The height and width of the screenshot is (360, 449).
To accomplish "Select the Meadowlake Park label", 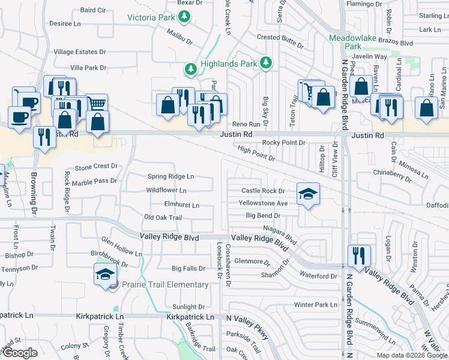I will pos(354,41).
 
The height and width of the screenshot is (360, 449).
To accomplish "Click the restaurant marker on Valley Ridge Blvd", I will pos(359,255).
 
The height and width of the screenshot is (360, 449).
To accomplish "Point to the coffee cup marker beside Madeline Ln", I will pos(19,115).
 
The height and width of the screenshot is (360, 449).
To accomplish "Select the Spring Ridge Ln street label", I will pos(171,176).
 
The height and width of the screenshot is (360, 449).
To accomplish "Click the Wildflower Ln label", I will pos(166,190).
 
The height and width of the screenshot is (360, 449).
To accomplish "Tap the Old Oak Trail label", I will pos(163,217).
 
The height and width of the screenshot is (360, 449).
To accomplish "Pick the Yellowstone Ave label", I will pos(263,203).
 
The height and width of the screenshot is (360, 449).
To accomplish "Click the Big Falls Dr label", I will pos(188,268).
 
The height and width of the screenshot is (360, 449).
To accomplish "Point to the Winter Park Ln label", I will pos(316,305).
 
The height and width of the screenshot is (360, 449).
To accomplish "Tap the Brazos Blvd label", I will pos(398,43).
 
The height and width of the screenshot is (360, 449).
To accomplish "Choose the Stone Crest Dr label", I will pos(95,166).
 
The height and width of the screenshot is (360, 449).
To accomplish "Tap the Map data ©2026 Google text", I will pos(412,355).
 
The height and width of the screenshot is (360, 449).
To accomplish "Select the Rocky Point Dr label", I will pos(285,143).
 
